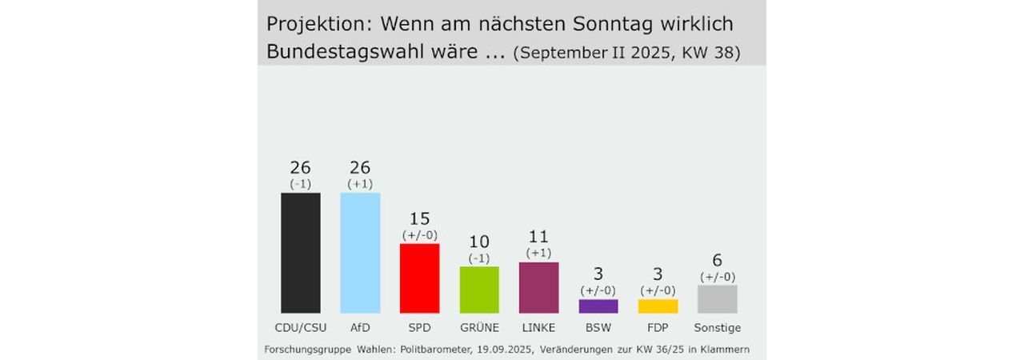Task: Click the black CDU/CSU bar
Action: click(301, 253)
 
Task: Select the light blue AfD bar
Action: click(360, 253)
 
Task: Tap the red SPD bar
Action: click(419, 278)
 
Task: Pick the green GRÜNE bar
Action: click(479, 290)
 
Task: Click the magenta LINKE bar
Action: click(538, 287)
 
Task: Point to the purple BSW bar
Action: click(598, 306)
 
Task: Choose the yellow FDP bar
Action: click(658, 306)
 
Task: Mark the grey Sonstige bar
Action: click(718, 299)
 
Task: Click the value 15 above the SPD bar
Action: click(419, 218)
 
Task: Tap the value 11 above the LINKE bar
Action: click(538, 237)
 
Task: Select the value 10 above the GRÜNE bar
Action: click(479, 242)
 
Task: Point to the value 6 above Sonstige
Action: click(718, 260)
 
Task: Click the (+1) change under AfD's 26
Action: click(360, 184)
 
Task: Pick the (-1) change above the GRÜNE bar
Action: click(479, 258)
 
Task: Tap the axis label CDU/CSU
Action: click(301, 327)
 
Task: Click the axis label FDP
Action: click(658, 327)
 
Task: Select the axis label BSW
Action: click(598, 327)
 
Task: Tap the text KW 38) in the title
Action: click(711, 53)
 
